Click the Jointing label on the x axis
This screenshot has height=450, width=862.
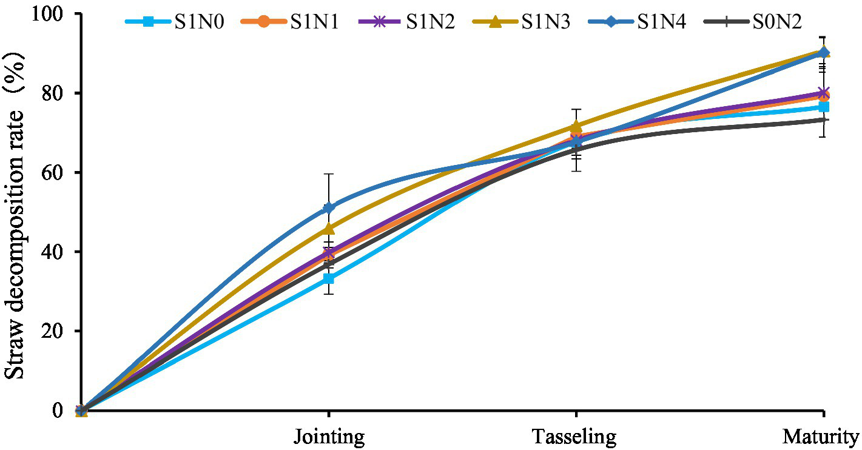[329, 437]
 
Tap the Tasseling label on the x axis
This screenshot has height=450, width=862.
[574, 437]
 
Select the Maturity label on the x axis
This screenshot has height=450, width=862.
[820, 437]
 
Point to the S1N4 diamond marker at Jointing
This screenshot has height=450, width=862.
[329, 208]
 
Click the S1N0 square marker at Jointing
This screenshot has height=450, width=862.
[329, 279]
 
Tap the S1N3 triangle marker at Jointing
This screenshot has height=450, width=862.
[329, 229]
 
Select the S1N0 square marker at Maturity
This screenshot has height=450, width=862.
[823, 107]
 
